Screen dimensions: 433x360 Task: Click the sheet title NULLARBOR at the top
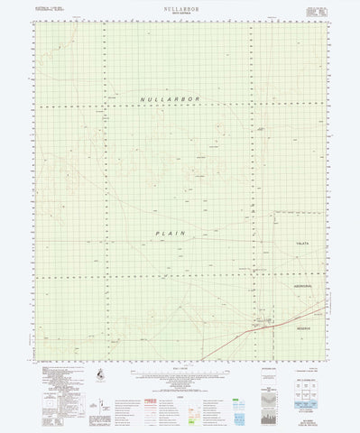pyautogui.click(x=180, y=6)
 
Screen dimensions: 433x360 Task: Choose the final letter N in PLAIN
pyautogui.click(x=184, y=232)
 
